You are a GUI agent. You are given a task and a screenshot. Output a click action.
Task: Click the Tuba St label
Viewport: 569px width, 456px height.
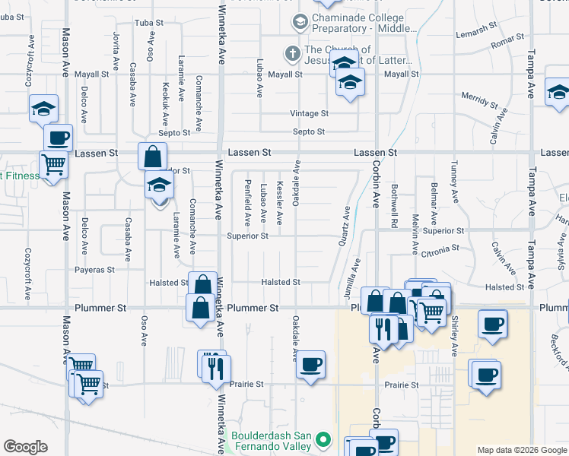pos(148,23)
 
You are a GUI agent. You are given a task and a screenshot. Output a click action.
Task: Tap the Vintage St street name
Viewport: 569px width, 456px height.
pos(309,113)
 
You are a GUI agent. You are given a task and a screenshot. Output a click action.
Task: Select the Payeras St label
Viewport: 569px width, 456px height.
pos(94,269)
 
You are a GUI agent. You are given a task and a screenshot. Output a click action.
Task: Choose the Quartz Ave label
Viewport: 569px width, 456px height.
pos(344,226)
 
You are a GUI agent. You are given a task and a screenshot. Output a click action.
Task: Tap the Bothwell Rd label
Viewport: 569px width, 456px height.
pos(395,206)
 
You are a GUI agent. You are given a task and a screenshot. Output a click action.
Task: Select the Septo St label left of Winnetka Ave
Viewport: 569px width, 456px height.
pos(174,132)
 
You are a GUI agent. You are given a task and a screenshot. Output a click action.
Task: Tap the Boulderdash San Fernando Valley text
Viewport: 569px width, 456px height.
pos(272,440)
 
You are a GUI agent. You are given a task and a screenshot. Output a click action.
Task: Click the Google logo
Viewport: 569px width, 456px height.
pos(25,447)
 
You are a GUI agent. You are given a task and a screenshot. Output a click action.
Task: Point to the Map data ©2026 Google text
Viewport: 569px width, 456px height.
pos(522,450)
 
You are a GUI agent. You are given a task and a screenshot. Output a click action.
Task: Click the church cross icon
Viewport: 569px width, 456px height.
pos(291,54)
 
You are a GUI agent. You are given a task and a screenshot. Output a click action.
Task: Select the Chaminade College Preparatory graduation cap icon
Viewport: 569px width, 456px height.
pos(300,22)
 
